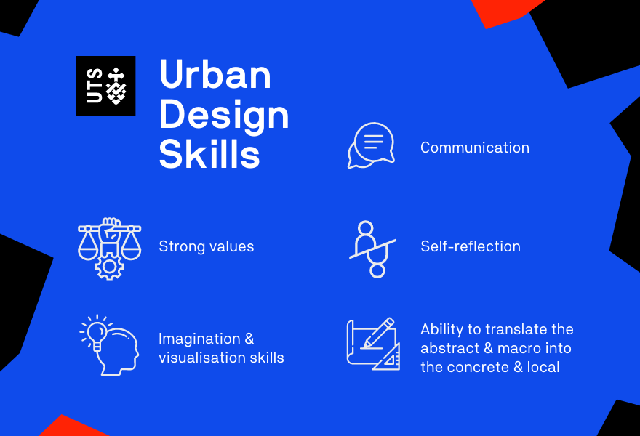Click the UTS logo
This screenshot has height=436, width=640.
pyautogui.click(x=105, y=86)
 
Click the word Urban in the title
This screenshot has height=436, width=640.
pyautogui.click(x=215, y=74)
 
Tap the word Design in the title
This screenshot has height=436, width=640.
pyautogui.click(x=224, y=115)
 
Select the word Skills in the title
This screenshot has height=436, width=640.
pyautogui.click(x=209, y=153)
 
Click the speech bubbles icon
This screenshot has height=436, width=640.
pyautogui.click(x=371, y=145)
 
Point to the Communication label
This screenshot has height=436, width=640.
pyautogui.click(x=475, y=148)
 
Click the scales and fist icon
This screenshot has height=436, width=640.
pyautogui.click(x=109, y=249)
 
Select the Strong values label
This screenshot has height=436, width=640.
pyautogui.click(x=206, y=246)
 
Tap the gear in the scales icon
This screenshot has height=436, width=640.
pyautogui.click(x=109, y=267)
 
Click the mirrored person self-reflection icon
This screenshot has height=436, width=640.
pyautogui.click(x=372, y=249)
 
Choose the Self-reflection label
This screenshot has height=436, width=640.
pyautogui.click(x=471, y=246)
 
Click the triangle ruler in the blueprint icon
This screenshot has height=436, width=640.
pyautogui.click(x=387, y=357)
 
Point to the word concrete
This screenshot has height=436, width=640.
pyautogui.click(x=478, y=368)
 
